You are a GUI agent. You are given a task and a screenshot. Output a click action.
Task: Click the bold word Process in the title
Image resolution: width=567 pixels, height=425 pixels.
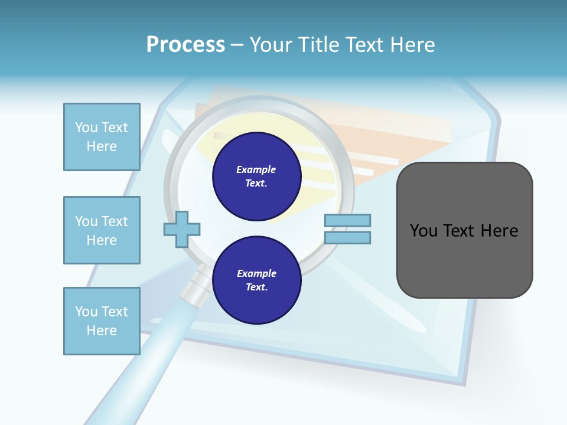[x=185, y=45]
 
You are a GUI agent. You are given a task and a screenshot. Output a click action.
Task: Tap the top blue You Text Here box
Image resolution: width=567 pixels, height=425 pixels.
[x=102, y=137]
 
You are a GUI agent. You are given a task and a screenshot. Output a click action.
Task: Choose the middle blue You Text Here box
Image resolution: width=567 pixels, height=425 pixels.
[x=102, y=230]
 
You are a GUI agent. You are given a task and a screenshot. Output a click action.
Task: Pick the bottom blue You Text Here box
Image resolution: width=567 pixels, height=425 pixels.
[x=102, y=321]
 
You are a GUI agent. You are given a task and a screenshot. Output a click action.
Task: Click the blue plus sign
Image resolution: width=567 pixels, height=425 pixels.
[x=182, y=228]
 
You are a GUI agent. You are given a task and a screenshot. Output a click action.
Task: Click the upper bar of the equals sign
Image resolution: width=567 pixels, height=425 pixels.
[x=347, y=220]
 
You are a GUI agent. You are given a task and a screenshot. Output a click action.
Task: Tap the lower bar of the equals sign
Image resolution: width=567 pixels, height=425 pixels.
[x=347, y=237]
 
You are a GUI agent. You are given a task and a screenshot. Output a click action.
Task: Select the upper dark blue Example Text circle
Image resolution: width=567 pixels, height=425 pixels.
[x=256, y=176]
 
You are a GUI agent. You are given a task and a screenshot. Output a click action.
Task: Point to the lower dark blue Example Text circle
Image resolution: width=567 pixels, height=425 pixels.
[x=256, y=280]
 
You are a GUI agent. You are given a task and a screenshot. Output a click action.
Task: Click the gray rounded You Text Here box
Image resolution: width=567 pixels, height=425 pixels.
[x=464, y=230]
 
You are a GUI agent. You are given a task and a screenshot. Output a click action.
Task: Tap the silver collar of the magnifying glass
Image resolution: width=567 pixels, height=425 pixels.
[x=197, y=286]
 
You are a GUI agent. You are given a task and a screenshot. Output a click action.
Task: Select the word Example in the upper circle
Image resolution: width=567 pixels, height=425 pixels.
[x=256, y=169]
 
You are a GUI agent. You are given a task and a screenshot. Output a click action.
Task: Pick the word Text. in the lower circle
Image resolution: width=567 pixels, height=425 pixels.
[x=256, y=287]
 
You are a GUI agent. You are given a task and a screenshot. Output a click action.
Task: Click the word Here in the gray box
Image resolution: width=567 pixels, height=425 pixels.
[x=499, y=231]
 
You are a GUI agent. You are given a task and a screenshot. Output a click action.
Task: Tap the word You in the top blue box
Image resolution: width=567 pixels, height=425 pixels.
[x=86, y=127]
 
